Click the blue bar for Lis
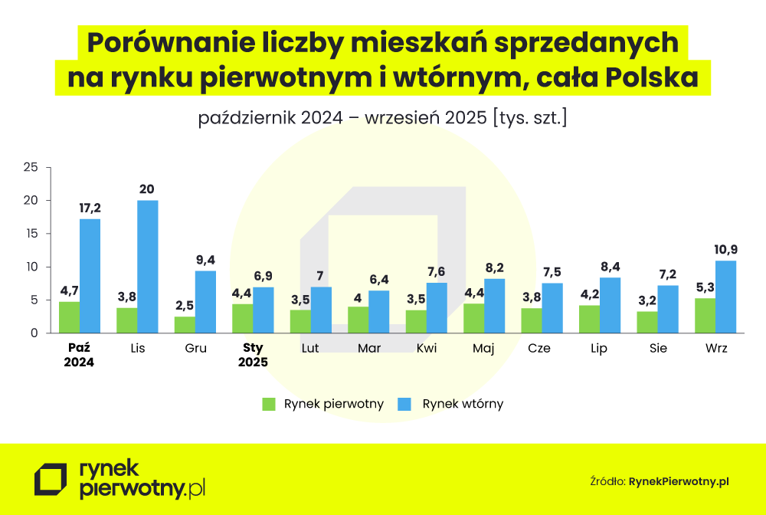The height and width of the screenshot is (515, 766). pos(148,267)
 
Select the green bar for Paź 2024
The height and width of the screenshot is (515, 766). pos(69,317)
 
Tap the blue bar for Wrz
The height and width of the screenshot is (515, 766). pos(725,297)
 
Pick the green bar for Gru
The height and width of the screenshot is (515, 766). pos(185,325)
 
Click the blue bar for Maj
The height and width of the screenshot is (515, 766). pos(494,306)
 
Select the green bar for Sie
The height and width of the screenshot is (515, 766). pos(647,322)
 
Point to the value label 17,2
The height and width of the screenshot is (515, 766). pos(90,208)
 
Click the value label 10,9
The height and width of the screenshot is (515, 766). pos(726,249)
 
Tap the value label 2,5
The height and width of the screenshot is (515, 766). pos(185,305)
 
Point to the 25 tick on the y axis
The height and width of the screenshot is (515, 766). pos(31,167)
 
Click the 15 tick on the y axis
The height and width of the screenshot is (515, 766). pos(31,234)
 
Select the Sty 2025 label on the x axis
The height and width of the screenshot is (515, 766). pos(253,355)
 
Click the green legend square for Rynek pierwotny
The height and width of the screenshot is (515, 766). pos(268,404)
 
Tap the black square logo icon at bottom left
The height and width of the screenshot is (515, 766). pos(51,480)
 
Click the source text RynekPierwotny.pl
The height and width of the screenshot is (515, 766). pos(679,481)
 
